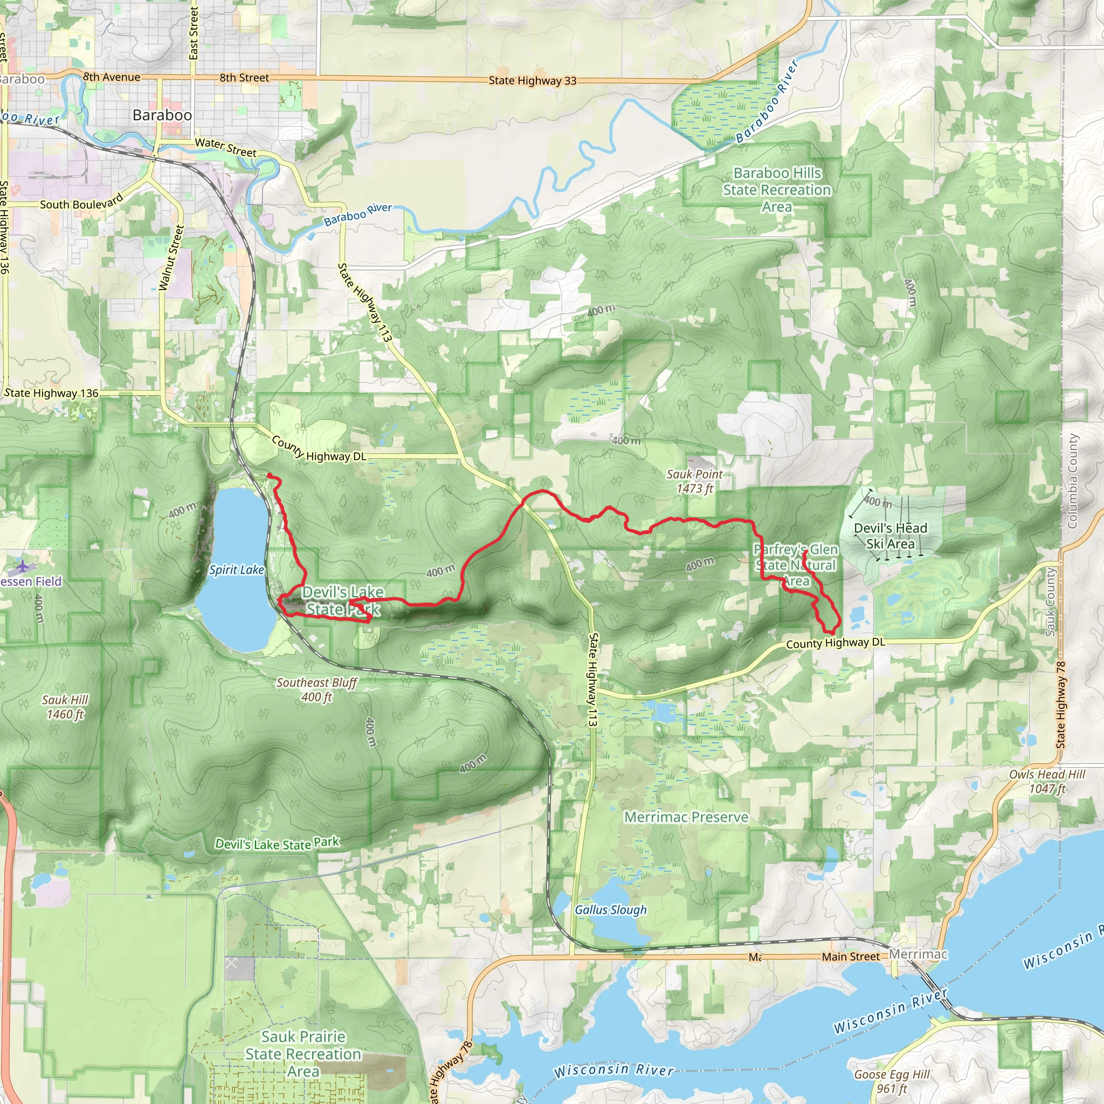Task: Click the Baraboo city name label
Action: coord(162,115)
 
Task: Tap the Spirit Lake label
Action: coord(236,570)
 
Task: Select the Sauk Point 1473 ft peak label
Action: coord(694,481)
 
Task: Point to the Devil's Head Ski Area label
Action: coord(891,536)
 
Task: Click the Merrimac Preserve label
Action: coord(686,817)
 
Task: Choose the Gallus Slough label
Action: coord(610,910)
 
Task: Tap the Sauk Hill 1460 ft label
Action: coord(65,707)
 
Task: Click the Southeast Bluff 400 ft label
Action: coord(316,689)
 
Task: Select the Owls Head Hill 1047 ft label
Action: coord(1047,781)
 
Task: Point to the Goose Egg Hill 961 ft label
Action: coord(892,1082)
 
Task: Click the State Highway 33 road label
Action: coord(532,80)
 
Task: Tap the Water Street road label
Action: coord(225,147)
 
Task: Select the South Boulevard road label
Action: coord(81,203)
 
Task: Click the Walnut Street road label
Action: coord(171,258)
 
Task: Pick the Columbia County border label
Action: coord(1072,480)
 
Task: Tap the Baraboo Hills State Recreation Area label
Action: coord(777,190)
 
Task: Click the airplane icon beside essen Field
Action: coord(22,567)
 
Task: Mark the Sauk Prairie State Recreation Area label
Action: coord(303,1054)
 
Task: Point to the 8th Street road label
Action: coord(244,78)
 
